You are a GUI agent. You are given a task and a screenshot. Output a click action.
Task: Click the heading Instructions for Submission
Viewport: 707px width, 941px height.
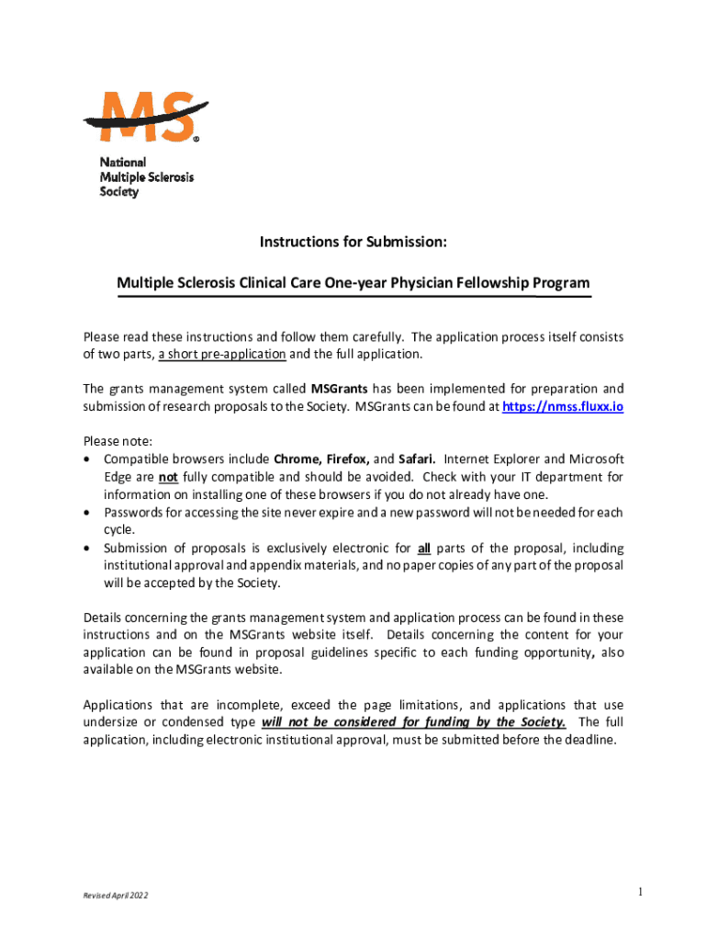[x=353, y=243]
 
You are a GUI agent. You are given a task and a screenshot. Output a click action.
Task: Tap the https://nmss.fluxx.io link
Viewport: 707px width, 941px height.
[x=562, y=406]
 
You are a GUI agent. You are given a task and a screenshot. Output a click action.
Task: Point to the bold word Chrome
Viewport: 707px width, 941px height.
[x=295, y=459]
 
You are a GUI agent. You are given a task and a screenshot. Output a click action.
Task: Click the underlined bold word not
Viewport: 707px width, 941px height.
[x=168, y=476]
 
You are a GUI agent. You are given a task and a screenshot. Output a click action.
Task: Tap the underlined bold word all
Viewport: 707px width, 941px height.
[x=424, y=548]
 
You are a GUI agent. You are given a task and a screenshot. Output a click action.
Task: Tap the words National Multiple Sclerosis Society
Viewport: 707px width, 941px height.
[x=146, y=176]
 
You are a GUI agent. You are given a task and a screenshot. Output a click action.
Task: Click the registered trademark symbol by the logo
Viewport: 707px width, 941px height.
[x=196, y=140]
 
